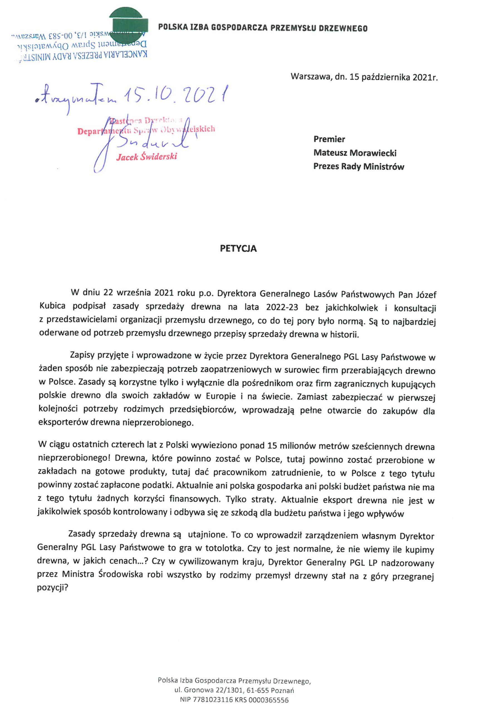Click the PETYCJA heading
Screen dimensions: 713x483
tap(238, 248)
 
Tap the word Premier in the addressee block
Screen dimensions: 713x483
tap(329, 139)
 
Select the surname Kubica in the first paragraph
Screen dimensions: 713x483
tap(52, 306)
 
